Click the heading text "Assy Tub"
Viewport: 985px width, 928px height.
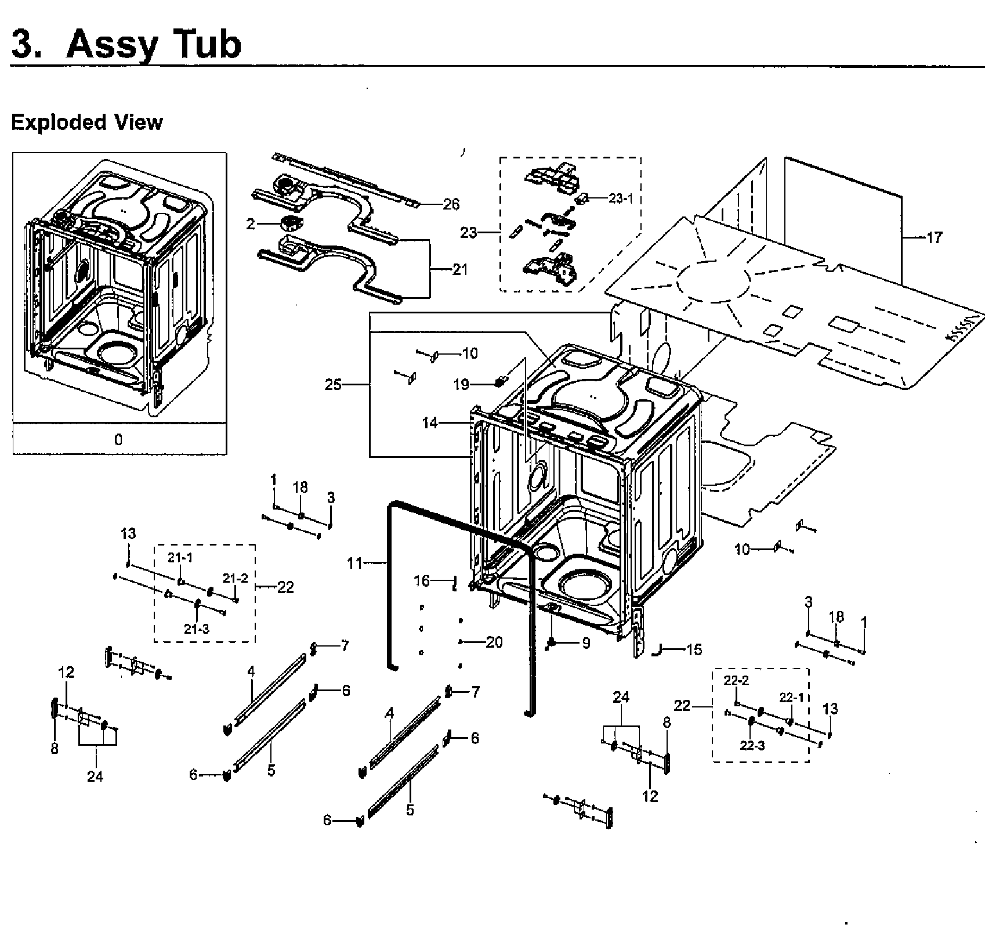click(x=153, y=44)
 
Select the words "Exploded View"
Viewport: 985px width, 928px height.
click(x=87, y=122)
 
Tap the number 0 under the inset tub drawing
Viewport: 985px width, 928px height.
click(x=118, y=439)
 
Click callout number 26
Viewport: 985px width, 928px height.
click(x=451, y=204)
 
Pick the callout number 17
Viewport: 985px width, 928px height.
click(x=935, y=237)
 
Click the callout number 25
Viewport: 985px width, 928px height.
click(x=333, y=384)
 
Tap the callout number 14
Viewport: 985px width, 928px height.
click(x=430, y=423)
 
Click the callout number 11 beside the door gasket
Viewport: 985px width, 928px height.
click(x=355, y=562)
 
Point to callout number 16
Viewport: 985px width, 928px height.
click(x=422, y=580)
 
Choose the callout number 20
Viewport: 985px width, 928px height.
click(x=494, y=642)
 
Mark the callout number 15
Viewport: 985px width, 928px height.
click(x=694, y=649)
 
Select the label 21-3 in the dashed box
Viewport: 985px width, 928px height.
click(x=197, y=629)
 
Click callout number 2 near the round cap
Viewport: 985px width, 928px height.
click(x=251, y=223)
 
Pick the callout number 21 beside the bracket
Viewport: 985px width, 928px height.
click(x=459, y=269)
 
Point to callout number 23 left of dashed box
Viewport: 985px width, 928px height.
click(x=468, y=232)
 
